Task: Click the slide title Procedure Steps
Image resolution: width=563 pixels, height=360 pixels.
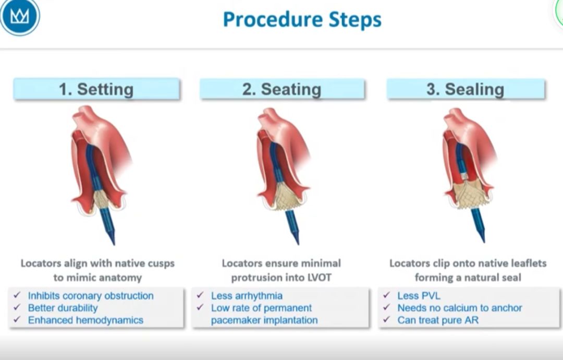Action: pos(302,20)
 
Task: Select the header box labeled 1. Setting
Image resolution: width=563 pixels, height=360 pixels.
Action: pos(96,89)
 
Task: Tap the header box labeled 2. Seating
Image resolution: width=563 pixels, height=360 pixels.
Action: pos(281,89)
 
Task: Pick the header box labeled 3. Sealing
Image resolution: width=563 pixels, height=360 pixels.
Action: pos(466,89)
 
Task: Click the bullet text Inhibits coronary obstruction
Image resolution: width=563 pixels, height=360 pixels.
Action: pos(91,296)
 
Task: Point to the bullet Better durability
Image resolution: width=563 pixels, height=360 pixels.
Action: pos(63,308)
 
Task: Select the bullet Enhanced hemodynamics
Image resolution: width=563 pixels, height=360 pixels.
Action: pos(85,320)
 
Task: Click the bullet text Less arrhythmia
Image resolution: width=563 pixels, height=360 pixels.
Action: pos(247,296)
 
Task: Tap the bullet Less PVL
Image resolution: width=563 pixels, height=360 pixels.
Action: pos(419,296)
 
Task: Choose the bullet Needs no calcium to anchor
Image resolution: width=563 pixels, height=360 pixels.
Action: pos(459,308)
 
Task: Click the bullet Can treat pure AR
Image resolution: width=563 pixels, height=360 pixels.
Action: pos(438,320)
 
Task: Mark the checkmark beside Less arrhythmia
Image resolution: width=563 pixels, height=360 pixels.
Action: pos(200,296)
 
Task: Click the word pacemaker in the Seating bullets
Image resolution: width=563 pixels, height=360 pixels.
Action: pos(234,320)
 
